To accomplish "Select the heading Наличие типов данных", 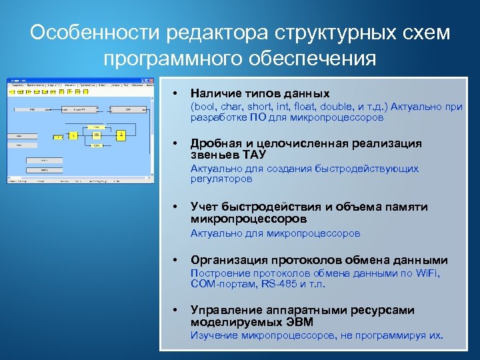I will pyautogui.click(x=260, y=93).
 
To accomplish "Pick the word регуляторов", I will pyautogui.click(x=221, y=179).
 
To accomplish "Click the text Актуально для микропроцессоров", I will pyautogui.click(x=275, y=233).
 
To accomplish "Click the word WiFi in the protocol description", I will pyautogui.click(x=427, y=273).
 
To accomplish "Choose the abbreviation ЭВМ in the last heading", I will pyautogui.click(x=301, y=323).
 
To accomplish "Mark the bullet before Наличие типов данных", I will pyautogui.click(x=174, y=93).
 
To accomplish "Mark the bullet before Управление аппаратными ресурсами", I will pyautogui.click(x=174, y=310).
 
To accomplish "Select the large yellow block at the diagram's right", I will pyautogui.click(x=121, y=135).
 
